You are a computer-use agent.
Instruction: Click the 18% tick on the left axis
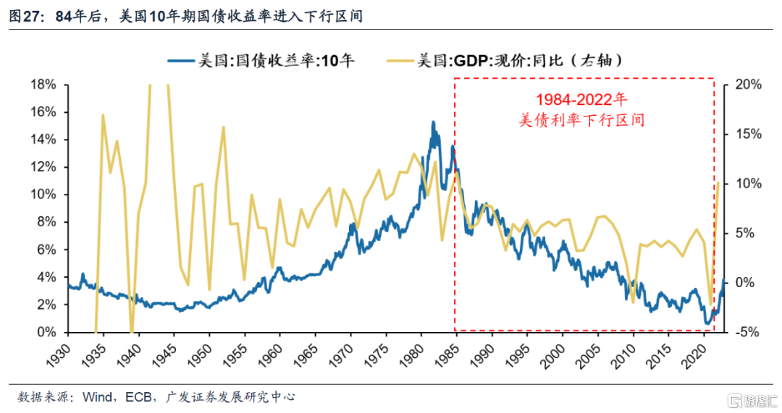tap(44, 85)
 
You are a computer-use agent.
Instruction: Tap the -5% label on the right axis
tap(747, 332)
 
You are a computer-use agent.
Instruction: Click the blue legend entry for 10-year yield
tap(261, 61)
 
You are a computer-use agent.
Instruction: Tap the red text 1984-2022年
tap(581, 100)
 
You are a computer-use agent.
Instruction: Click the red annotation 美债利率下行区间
tap(581, 120)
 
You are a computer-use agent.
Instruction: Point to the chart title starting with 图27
tap(185, 17)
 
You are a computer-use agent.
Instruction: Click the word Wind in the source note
tap(98, 397)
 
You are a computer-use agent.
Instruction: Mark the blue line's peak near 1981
tap(433, 122)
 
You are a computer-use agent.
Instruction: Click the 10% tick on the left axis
tap(44, 195)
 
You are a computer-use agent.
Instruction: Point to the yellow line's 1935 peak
tap(103, 115)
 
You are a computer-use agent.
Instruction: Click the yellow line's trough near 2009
tap(633, 302)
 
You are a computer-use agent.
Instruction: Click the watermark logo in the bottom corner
tap(752, 400)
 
